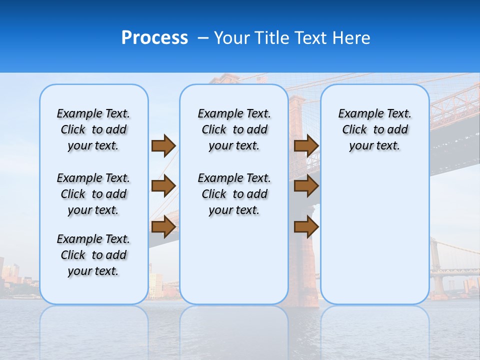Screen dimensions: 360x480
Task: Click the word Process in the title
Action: (154, 38)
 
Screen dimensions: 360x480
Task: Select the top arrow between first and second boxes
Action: (163, 145)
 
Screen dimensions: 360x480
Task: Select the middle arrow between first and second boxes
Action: (163, 186)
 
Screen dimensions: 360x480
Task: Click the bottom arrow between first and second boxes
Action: (163, 227)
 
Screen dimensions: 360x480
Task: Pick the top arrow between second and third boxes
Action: (306, 145)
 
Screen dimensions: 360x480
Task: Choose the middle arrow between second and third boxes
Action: (306, 186)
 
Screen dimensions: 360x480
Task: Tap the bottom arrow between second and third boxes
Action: (306, 227)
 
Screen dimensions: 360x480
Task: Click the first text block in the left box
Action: (93, 129)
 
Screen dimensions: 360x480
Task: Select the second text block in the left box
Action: (93, 194)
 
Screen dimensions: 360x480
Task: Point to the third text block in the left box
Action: (93, 255)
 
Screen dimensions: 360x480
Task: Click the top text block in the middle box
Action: (234, 129)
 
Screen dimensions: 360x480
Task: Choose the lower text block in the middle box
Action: (234, 194)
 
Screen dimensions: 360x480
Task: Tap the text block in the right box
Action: (374, 129)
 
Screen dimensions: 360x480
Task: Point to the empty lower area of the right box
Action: (374, 235)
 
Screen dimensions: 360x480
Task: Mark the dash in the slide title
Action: (203, 38)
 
